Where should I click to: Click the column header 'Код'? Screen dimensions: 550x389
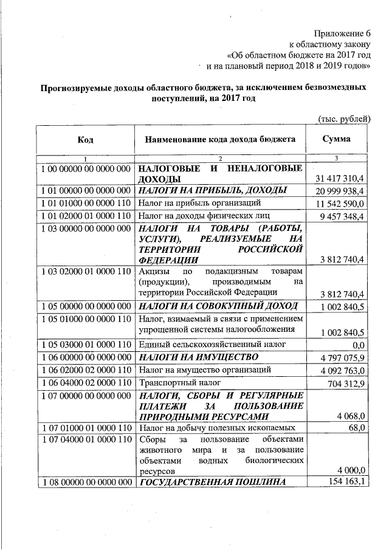click(85, 140)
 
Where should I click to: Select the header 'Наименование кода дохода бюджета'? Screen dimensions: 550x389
click(220, 140)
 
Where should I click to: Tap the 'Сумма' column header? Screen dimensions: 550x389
click(337, 139)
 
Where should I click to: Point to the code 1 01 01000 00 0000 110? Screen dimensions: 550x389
click(85, 202)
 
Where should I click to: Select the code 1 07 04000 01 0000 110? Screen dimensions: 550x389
click(85, 439)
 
